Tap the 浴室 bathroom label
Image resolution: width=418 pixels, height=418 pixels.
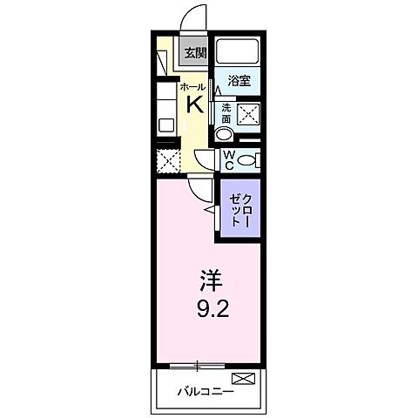[x=239, y=80]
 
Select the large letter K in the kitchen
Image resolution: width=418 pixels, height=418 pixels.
[x=195, y=105]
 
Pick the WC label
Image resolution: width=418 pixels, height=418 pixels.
[x=228, y=159]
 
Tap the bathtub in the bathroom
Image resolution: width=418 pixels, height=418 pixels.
[x=239, y=53]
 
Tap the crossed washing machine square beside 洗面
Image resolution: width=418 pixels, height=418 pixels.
[x=248, y=112]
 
